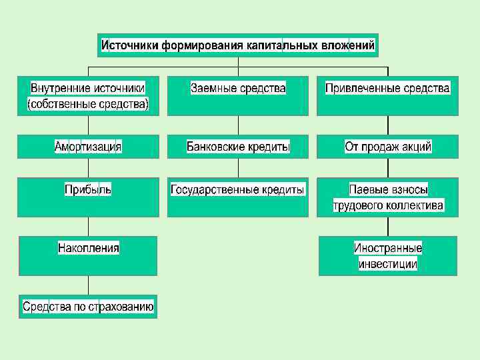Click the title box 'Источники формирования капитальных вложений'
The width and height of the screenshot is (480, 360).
point(238,46)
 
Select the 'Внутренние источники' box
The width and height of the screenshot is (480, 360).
point(88,96)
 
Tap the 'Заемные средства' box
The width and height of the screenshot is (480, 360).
point(238,96)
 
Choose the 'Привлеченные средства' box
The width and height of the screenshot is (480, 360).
point(387,96)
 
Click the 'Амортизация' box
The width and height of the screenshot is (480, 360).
point(88,147)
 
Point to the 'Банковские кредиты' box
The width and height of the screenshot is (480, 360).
point(238,147)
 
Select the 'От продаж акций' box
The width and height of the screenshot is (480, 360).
point(387,147)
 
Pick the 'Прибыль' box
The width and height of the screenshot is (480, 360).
point(88,197)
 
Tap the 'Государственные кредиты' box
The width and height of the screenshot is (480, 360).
point(238,197)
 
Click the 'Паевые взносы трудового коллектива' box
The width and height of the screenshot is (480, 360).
point(387,197)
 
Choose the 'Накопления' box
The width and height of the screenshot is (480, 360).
point(88,255)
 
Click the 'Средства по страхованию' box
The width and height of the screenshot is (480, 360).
point(88,307)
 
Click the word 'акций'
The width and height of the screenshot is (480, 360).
point(416,147)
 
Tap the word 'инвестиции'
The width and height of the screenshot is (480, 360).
point(388,264)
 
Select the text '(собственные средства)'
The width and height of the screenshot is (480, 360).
point(88,105)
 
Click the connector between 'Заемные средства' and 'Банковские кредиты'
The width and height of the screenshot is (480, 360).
point(238,125)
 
